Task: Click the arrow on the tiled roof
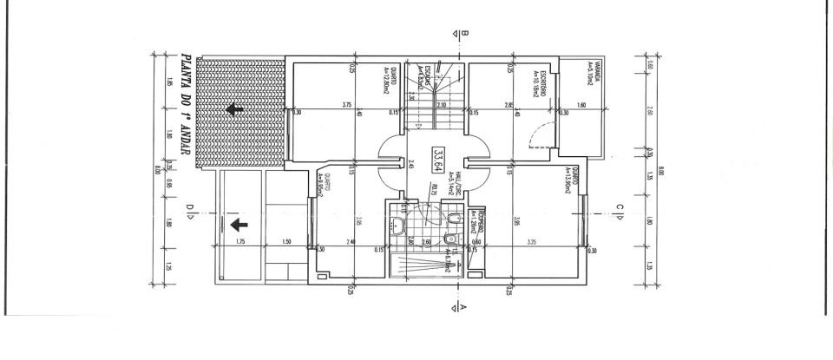pos(233,109)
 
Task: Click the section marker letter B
pos(465,35)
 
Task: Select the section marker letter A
pos(465,306)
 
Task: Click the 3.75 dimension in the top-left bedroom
pos(346,105)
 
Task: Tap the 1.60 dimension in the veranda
pos(582,105)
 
